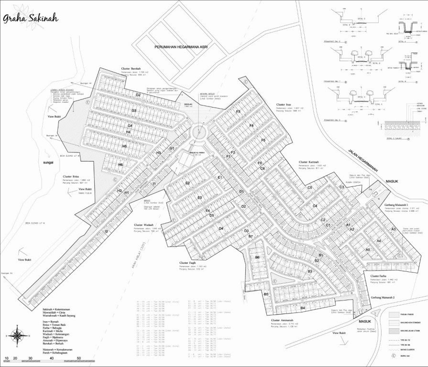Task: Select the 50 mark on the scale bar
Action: pyautogui.click(x=79, y=358)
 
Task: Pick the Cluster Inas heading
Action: pyautogui.click(x=284, y=104)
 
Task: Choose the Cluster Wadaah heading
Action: pyautogui.click(x=144, y=225)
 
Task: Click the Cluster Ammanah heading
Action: pyautogui.click(x=282, y=320)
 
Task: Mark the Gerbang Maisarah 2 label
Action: pyautogui.click(x=386, y=297)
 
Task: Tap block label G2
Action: pyautogui.click(x=138, y=95)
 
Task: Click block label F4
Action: pyautogui.click(x=251, y=125)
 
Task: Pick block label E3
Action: pyautogui.click(x=199, y=197)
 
